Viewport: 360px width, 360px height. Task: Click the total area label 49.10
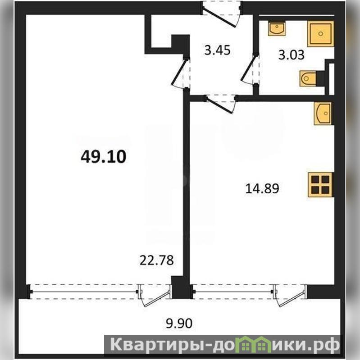[103, 157]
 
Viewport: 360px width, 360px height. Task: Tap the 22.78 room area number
[157, 260]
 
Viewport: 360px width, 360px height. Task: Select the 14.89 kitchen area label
[262, 188]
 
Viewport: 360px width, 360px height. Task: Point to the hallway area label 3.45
[218, 50]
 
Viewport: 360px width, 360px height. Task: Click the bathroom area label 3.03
[292, 55]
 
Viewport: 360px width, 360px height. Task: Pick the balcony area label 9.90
[179, 324]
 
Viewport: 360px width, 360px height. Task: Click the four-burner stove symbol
[320, 185]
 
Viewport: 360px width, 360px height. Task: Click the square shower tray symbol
[320, 34]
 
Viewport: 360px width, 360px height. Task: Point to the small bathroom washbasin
[277, 29]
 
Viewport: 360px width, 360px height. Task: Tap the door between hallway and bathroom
[250, 70]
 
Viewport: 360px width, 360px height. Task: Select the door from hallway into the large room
[181, 73]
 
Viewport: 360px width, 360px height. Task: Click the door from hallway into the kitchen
[221, 104]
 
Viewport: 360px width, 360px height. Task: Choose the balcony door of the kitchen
[290, 295]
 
